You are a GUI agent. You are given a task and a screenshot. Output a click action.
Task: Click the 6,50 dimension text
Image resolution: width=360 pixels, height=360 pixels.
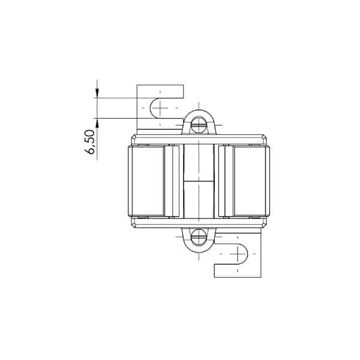[x=89, y=142]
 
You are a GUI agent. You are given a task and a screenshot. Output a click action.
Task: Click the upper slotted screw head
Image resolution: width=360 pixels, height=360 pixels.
[x=199, y=125]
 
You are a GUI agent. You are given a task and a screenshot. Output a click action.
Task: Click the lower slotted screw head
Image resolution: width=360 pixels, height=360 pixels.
[x=199, y=237]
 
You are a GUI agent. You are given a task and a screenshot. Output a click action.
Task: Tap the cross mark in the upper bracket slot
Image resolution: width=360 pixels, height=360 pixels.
[x=160, y=107]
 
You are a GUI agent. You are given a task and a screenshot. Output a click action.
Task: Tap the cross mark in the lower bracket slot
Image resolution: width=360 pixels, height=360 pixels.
[x=238, y=254]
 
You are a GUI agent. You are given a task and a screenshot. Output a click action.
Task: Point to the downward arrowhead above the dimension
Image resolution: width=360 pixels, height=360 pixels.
[x=97, y=94]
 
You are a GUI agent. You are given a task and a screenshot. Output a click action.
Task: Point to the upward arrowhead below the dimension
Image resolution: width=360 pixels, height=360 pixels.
[x=97, y=123]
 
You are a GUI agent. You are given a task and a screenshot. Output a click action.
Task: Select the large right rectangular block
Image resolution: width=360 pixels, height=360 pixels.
[x=250, y=181]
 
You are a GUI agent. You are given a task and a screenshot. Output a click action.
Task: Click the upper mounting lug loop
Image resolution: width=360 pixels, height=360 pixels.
[x=199, y=112]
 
